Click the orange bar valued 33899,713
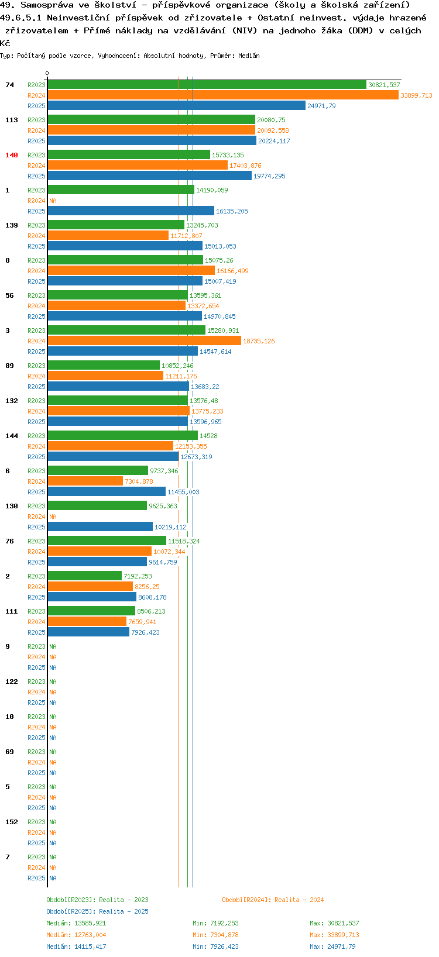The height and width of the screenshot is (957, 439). pos(222,95)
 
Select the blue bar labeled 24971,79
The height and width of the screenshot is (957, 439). pos(177,105)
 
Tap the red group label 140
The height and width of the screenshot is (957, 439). pos(12,155)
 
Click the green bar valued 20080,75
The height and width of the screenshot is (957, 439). pos(152,119)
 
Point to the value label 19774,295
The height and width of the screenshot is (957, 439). pos(269,176)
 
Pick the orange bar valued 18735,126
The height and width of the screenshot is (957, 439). pos(144,340)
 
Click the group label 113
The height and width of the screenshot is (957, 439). pos(12,120)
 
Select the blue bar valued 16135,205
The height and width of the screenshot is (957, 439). pos(131,211)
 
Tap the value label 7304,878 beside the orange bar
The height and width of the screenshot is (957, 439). pos(139,481)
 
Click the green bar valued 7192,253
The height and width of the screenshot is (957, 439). pos(85,576)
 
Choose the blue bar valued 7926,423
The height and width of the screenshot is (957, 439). pos(88,632)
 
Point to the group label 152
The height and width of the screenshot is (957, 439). pos(12,822)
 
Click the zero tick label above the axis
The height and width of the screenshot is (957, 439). pos(47,74)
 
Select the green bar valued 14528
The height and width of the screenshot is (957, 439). pos(123,435)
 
